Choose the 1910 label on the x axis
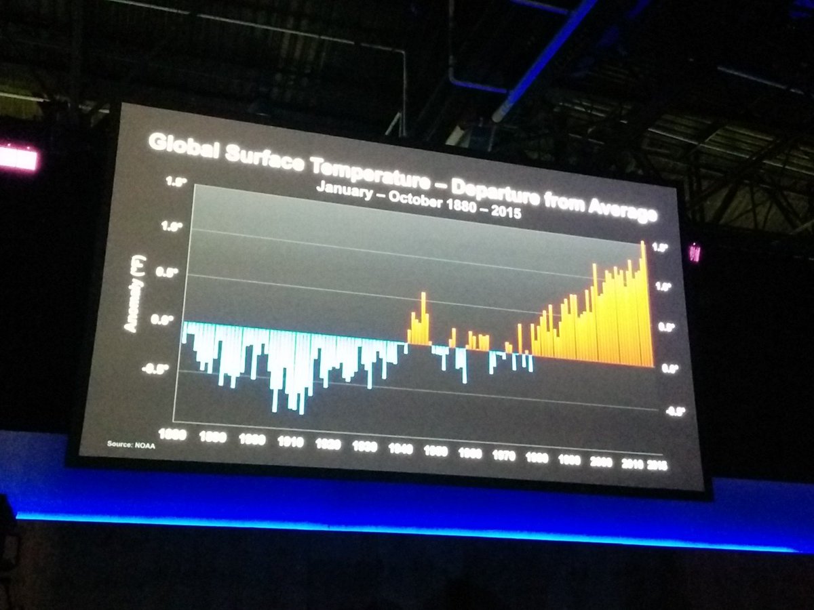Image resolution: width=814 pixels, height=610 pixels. point(291,441)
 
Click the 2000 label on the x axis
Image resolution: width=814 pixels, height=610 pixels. point(600,462)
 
